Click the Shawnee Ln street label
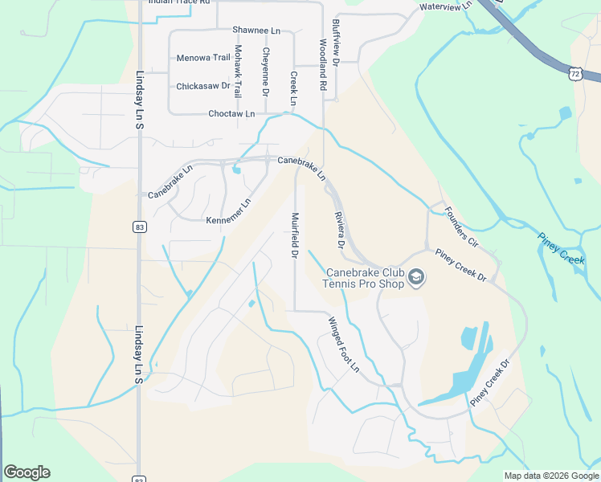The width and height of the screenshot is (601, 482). tap(256, 30)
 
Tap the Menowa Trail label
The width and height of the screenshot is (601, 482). tap(203, 58)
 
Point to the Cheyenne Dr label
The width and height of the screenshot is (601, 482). tap(265, 71)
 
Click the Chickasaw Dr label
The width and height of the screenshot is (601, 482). tap(203, 86)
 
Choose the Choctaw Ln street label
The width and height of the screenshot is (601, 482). tap(231, 114)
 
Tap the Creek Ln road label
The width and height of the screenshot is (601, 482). tap(293, 88)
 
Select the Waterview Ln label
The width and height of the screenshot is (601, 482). tap(446, 7)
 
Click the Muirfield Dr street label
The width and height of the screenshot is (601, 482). tap(294, 235)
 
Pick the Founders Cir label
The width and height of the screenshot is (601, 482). tap(461, 228)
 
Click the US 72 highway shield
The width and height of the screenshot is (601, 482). tap(574, 74)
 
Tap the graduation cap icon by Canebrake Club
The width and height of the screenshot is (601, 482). tap(416, 278)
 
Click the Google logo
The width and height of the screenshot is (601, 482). tap(27, 472)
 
